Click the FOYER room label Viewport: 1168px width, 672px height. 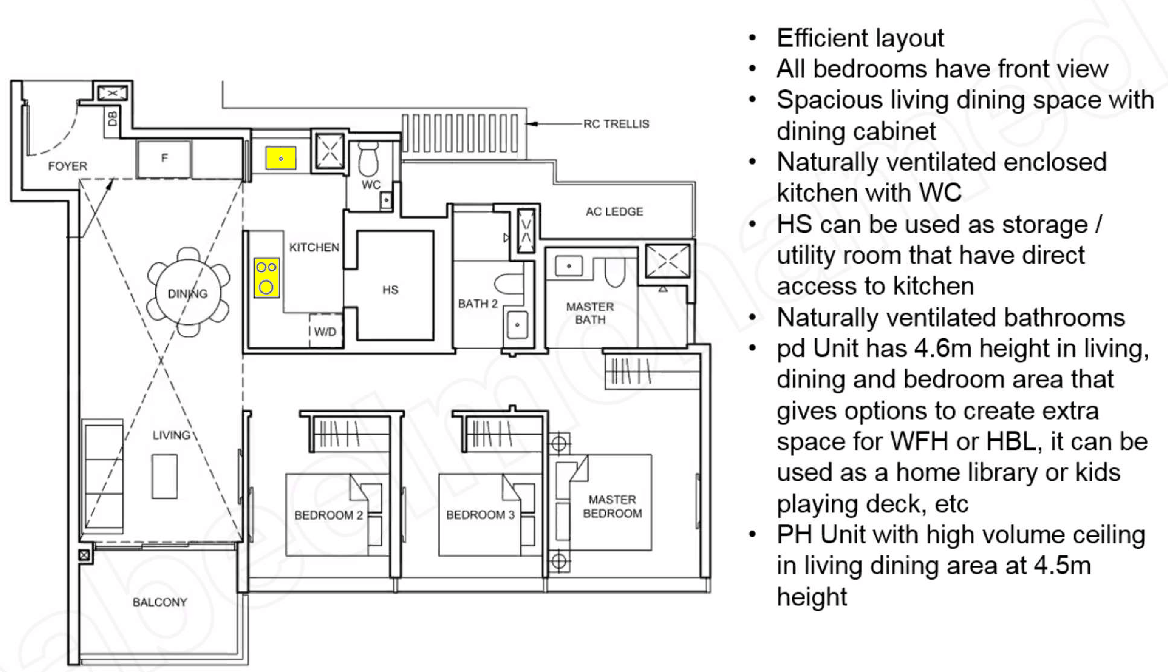tap(67, 166)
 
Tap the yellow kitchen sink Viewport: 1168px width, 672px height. tap(280, 158)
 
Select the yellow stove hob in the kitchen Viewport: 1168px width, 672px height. tap(267, 277)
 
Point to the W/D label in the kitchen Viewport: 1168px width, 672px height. tap(325, 331)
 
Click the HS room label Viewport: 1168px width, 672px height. tap(390, 290)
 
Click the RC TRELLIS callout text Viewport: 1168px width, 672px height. tap(616, 124)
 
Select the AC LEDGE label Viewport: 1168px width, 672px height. tap(615, 212)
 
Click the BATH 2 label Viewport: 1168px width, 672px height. tap(478, 303)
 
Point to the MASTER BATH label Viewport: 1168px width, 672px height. tap(590, 313)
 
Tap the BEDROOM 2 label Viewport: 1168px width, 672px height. tap(329, 515)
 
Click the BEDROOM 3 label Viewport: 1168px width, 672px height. tap(480, 515)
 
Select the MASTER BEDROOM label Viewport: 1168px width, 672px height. tap(612, 506)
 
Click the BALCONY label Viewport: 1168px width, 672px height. tap(159, 602)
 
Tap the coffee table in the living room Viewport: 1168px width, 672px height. tap(165, 476)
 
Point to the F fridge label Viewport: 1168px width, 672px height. tap(164, 158)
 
